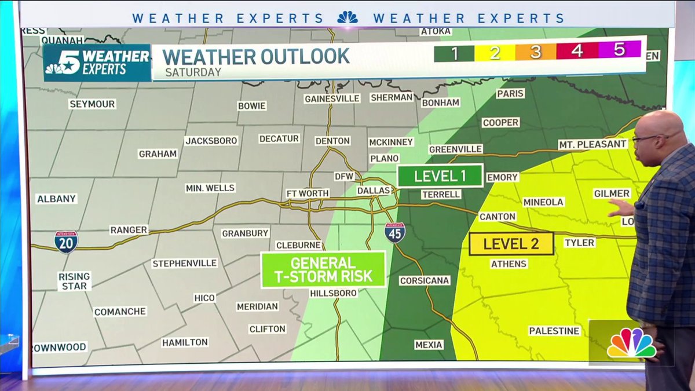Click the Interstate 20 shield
pos(66,242)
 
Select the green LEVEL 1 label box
pos(440,176)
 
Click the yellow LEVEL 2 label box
pos(511,244)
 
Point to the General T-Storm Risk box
pos(323,269)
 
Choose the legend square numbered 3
pos(536,52)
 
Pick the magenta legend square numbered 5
pos(619,50)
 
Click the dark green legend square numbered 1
pos(454,53)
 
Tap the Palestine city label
pos(554,331)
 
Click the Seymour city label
pos(92,104)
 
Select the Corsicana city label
pos(425,280)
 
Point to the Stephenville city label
pos(184,264)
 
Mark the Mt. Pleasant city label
pos(592,144)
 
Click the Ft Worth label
pos(308,193)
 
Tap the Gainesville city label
pos(332,98)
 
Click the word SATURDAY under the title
pos(193,72)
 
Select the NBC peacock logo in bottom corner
pos(631,344)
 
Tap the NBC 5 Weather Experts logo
pos(97,63)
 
